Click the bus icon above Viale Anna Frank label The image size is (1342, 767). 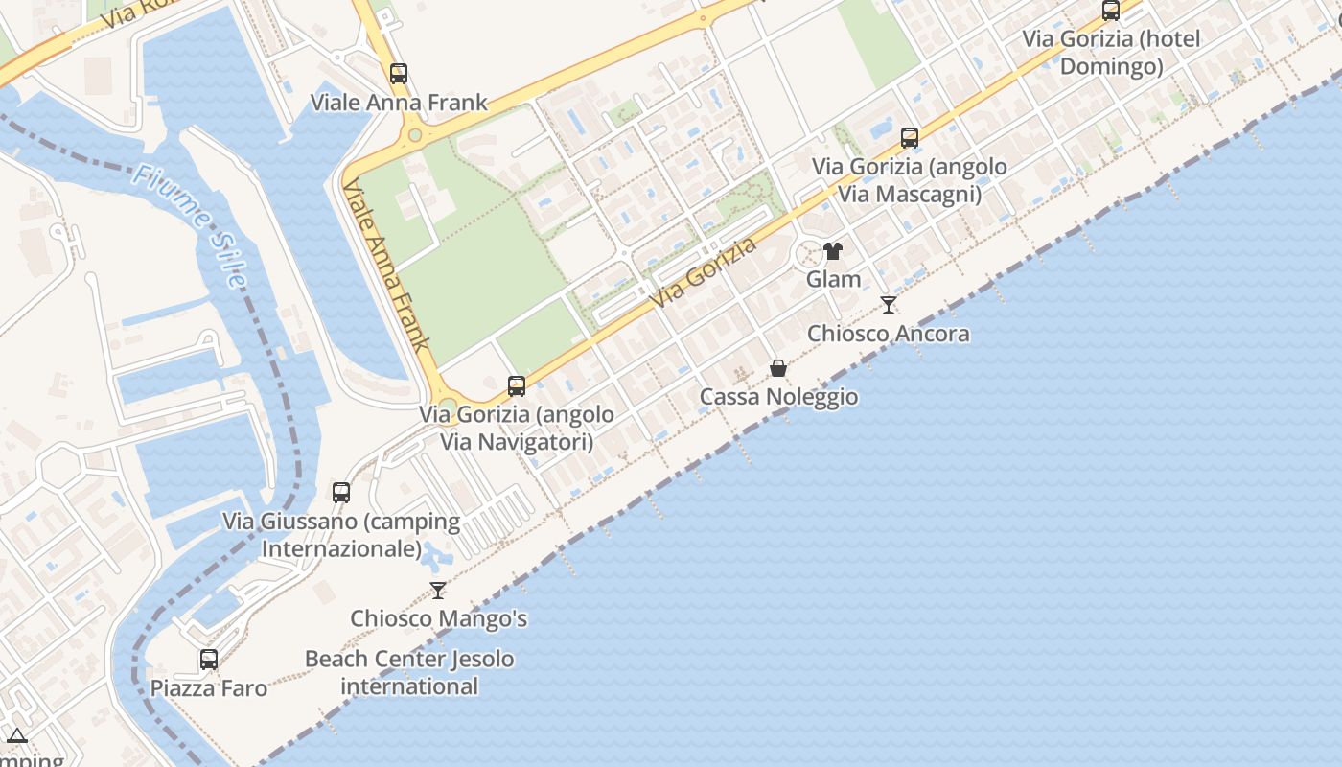pos(399,74)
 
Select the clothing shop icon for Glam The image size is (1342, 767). pos(832,251)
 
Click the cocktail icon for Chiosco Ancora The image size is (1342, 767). pos(889,305)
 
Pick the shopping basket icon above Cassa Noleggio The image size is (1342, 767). pos(778,368)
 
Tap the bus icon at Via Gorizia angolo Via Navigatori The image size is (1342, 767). pos(517,386)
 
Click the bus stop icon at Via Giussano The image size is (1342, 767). pos(341,493)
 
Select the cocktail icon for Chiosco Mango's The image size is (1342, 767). pos(438,590)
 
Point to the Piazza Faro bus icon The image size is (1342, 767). pos(209,660)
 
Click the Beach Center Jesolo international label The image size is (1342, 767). pos(409,672)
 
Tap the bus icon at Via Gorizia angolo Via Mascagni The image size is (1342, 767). pos(910,138)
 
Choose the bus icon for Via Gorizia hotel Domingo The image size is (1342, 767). pos(1111,12)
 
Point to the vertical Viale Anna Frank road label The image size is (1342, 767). pos(386,265)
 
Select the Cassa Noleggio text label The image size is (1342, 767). pos(778,397)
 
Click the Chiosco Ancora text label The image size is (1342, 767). pos(888,334)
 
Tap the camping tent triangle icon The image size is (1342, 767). pos(17,736)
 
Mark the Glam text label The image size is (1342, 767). pos(833,279)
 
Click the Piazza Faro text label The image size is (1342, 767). pos(209,688)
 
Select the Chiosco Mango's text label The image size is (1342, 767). pos(438,618)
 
